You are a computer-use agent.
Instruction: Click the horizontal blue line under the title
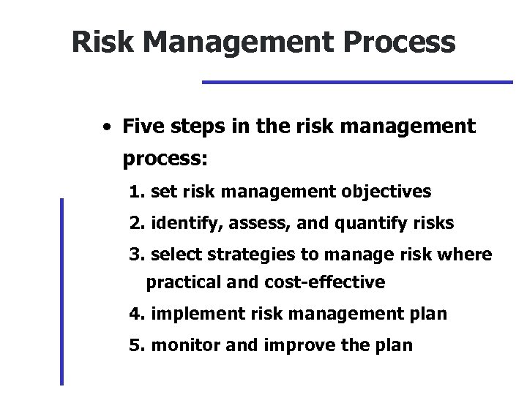[x=356, y=82]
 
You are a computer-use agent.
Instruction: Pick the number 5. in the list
[x=136, y=345]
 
